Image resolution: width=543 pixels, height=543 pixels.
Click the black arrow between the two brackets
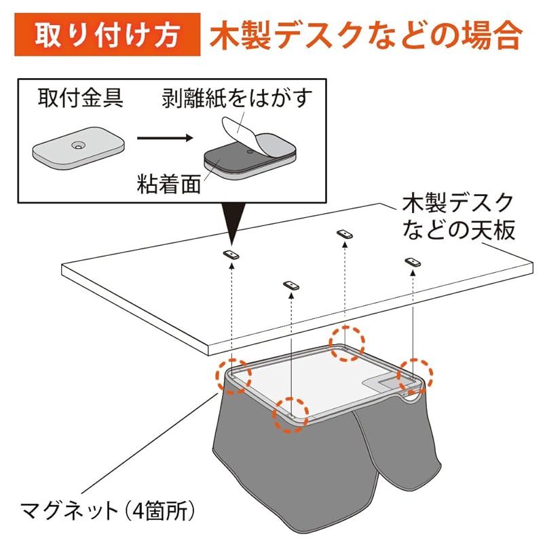coord(164,140)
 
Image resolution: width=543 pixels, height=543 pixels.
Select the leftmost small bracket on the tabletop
coord(231,254)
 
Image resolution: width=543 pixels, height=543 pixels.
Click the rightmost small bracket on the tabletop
coord(412,261)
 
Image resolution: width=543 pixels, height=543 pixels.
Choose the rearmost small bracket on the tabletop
coord(345,233)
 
